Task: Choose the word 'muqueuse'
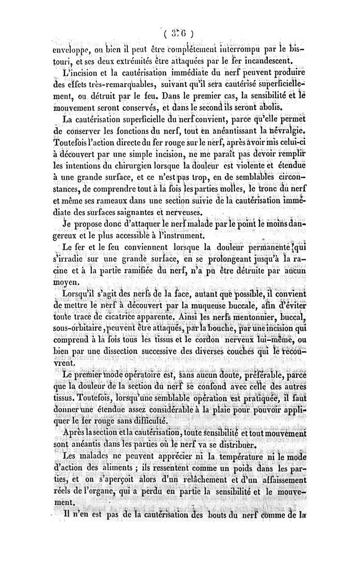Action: pos(205,306)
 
